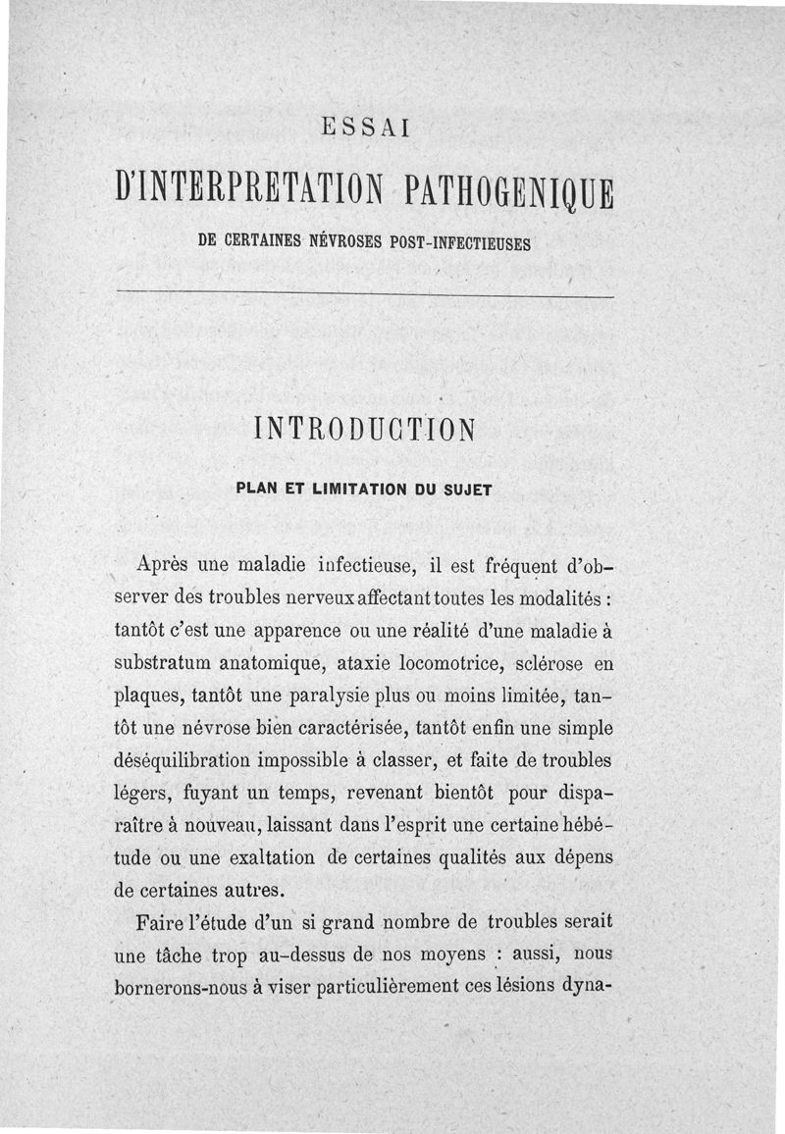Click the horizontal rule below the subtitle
pyautogui.click(x=364, y=296)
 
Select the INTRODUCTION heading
pyautogui.click(x=364, y=430)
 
